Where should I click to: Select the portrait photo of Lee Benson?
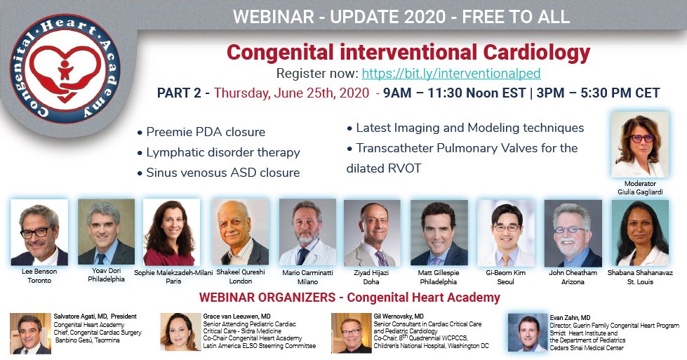(x=39, y=232)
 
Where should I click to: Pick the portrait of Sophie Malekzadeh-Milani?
(x=171, y=232)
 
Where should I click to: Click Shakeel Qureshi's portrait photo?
(x=241, y=232)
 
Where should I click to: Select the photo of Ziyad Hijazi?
(x=372, y=232)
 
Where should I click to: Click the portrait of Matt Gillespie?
(x=439, y=232)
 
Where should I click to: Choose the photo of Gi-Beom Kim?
(x=505, y=232)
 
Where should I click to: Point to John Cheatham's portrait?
(x=573, y=232)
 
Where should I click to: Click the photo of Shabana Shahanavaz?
(x=639, y=232)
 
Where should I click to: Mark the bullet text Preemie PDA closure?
(x=206, y=132)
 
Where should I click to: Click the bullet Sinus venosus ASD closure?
(x=222, y=173)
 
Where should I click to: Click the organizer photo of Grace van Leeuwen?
(x=180, y=332)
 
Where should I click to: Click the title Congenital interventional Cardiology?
(x=408, y=52)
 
